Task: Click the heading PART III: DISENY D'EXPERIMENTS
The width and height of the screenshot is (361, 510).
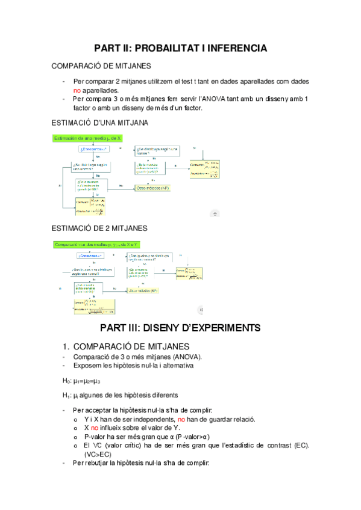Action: tap(180, 328)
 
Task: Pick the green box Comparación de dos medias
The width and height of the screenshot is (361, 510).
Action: tap(96, 244)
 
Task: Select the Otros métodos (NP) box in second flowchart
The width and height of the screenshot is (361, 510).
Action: tap(143, 290)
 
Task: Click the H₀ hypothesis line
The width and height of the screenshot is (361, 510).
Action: tap(81, 381)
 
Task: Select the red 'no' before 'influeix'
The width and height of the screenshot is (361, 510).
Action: tap(95, 428)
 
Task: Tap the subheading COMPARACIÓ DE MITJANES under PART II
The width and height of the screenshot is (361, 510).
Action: tap(101, 66)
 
